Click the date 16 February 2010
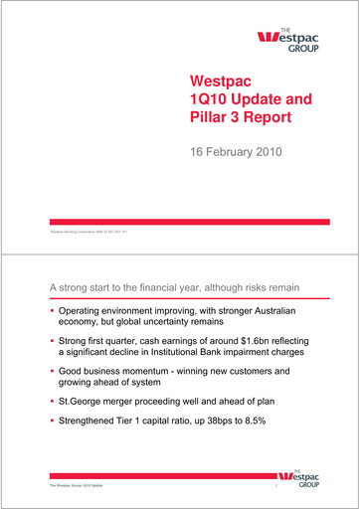point(237,153)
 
